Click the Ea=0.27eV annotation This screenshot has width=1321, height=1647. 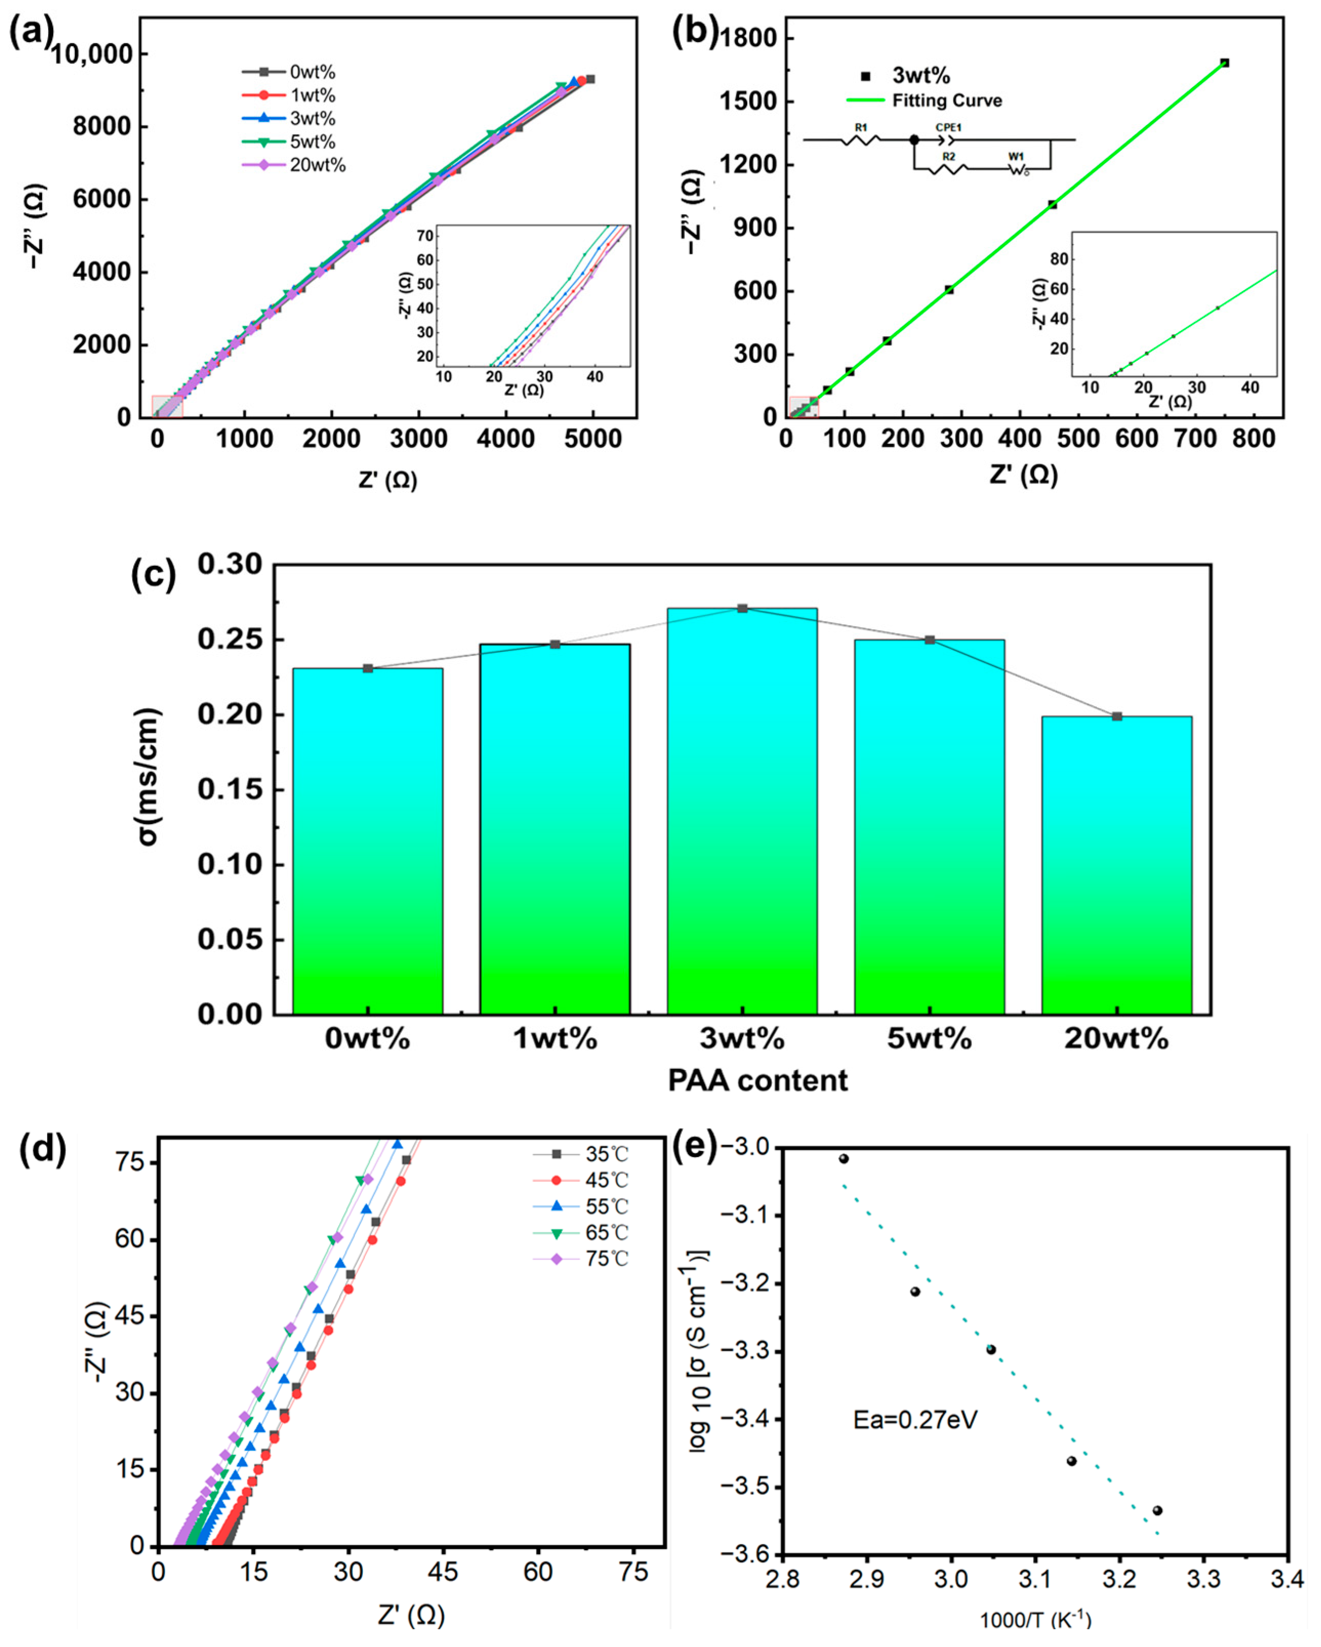tap(915, 1420)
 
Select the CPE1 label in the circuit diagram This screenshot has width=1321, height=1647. tap(948, 128)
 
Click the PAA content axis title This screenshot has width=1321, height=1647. tap(757, 1080)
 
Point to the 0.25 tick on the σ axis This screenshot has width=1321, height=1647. tap(229, 640)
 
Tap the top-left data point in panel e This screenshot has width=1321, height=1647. tap(843, 1159)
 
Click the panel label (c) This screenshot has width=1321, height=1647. tap(154, 574)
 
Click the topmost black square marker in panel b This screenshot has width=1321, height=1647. tap(1224, 63)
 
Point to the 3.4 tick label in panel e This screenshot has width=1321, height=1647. tap(1287, 1578)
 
